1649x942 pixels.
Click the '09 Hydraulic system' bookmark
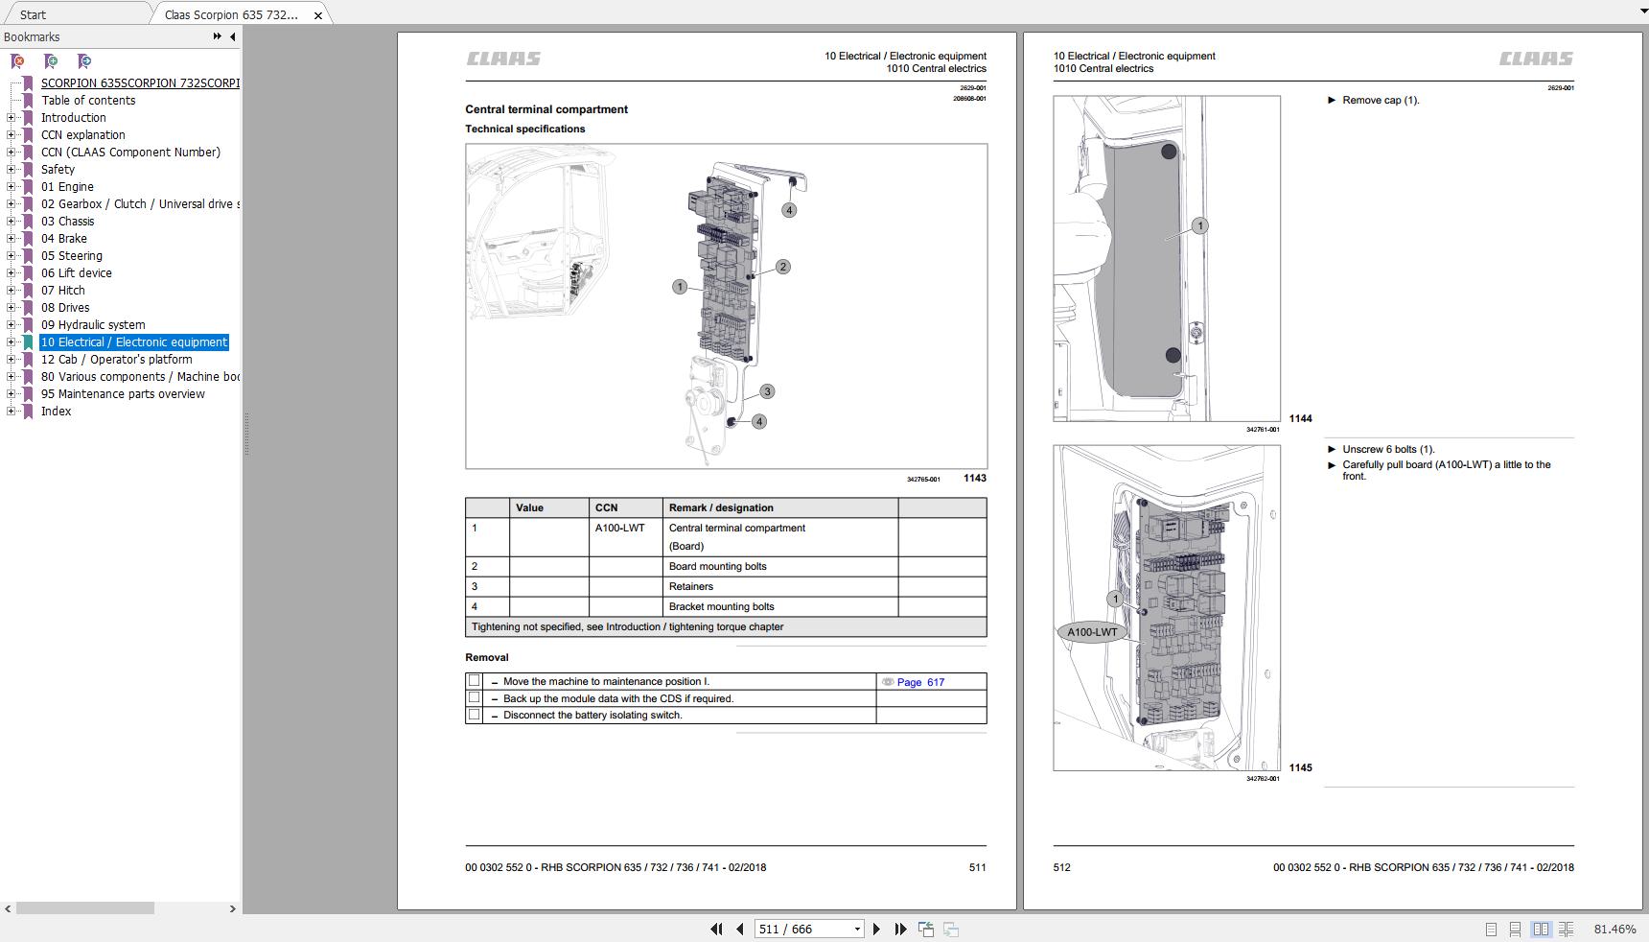coord(93,325)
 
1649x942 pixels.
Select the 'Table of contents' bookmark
coord(88,101)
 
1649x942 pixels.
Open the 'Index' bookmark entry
coord(56,412)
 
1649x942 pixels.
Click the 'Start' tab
coord(33,14)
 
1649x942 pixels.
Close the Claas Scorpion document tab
coord(318,15)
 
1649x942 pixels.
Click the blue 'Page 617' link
coord(920,682)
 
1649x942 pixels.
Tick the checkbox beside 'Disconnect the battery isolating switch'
coord(474,715)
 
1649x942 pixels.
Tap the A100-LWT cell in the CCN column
coord(620,529)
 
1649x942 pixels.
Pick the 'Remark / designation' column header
coord(721,507)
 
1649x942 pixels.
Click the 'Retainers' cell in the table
coord(691,586)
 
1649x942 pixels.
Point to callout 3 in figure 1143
coord(767,391)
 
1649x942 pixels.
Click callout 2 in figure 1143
coord(783,267)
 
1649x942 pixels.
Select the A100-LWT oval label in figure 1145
coord(1092,632)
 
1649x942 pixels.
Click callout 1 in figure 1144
coord(1199,225)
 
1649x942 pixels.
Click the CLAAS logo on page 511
coord(503,59)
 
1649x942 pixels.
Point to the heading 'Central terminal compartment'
coord(546,109)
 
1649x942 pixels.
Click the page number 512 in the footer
coord(1061,867)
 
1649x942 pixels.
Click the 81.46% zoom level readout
coord(1614,929)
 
